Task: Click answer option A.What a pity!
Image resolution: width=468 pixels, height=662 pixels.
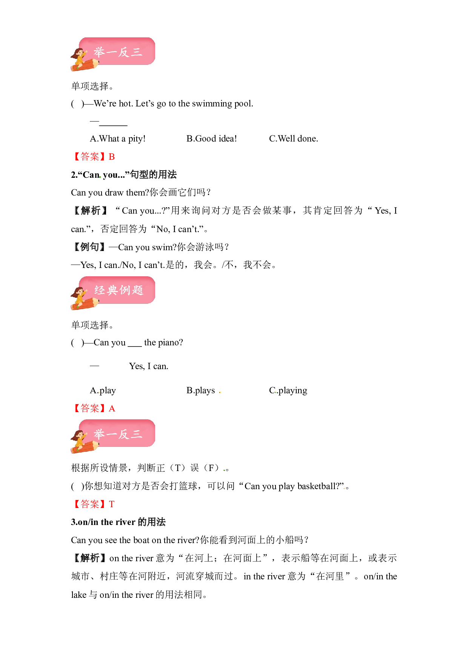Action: click(x=118, y=139)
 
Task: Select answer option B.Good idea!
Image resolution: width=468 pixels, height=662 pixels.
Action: click(x=212, y=139)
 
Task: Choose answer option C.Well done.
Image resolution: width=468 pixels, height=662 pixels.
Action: click(x=294, y=139)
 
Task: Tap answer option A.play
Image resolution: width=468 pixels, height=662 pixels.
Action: click(x=103, y=391)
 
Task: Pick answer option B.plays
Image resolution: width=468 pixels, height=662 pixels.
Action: click(x=201, y=391)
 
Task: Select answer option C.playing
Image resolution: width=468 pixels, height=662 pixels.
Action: click(x=288, y=391)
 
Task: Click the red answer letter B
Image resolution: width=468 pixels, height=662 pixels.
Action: click(x=112, y=157)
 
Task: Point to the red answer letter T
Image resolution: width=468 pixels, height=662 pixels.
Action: click(x=112, y=504)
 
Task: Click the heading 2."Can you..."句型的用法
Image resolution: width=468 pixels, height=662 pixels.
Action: click(x=124, y=175)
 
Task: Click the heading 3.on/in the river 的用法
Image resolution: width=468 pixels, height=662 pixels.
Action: click(x=118, y=522)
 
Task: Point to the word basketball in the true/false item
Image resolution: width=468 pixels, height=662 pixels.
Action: click(x=319, y=486)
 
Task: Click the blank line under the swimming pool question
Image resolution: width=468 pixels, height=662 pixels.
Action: click(x=113, y=125)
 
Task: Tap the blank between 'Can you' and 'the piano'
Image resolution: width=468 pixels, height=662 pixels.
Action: click(x=135, y=346)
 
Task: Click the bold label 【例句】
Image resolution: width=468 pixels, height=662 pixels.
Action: click(x=89, y=247)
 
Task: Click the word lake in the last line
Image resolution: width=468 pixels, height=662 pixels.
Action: click(x=79, y=595)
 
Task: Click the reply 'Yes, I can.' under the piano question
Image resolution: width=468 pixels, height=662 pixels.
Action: click(x=149, y=366)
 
